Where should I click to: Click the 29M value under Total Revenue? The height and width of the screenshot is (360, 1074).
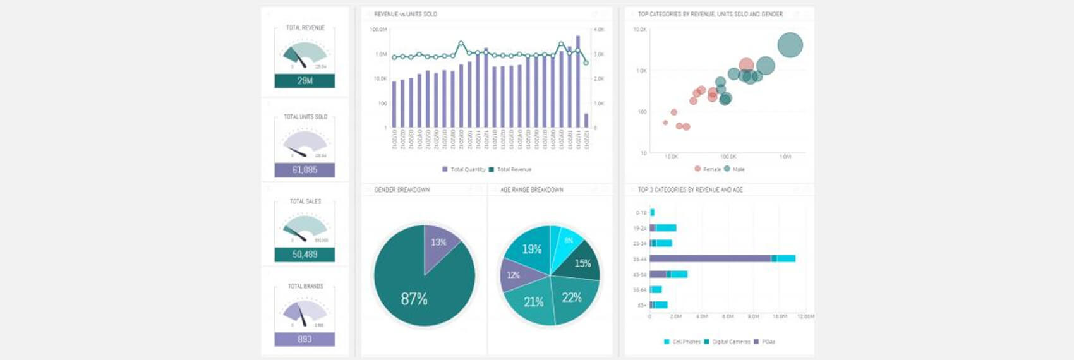pyautogui.click(x=305, y=81)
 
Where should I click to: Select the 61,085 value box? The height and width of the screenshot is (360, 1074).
pyautogui.click(x=305, y=170)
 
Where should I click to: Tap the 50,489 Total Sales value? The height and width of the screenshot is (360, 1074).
pyautogui.click(x=305, y=255)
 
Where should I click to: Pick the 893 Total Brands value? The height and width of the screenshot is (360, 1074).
pyautogui.click(x=305, y=339)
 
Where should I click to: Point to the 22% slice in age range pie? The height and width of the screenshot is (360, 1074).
pyautogui.click(x=574, y=297)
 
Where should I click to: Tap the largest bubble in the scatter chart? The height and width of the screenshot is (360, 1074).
pyautogui.click(x=790, y=45)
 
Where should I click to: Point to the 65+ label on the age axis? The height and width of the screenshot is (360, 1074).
pyautogui.click(x=641, y=305)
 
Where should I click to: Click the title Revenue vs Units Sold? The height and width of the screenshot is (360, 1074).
pyautogui.click(x=406, y=14)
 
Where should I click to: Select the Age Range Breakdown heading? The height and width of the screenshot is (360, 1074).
pyautogui.click(x=531, y=189)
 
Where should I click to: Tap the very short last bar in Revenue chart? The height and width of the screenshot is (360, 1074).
pyautogui.click(x=586, y=121)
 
